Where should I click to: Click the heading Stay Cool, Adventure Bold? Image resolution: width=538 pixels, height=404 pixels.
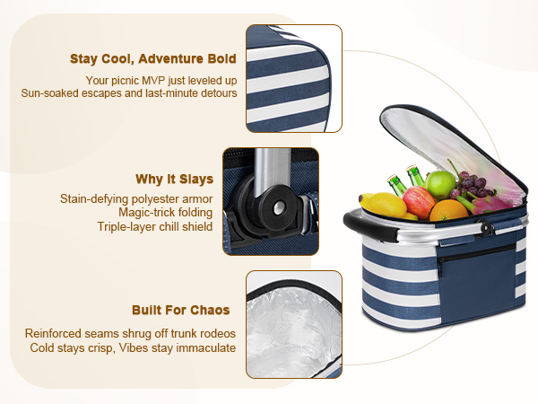pos(153,58)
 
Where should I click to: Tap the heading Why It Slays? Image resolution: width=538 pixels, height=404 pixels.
pos(174,179)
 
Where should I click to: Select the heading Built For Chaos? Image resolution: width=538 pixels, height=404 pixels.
pos(181,310)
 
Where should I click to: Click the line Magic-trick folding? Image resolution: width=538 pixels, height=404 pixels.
pos(165,213)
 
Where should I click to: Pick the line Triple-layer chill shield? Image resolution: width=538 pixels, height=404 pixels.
pos(155,227)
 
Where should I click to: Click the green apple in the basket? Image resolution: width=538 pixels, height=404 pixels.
pos(440,184)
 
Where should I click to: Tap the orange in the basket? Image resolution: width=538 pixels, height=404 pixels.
pos(448,210)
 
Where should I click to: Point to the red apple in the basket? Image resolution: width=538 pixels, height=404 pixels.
pos(418,202)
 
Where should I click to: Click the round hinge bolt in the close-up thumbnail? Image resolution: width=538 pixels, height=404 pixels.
pos(279,207)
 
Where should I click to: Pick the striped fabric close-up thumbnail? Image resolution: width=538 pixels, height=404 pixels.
pos(294,78)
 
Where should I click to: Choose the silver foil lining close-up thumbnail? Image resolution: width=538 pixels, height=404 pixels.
pos(294,324)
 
